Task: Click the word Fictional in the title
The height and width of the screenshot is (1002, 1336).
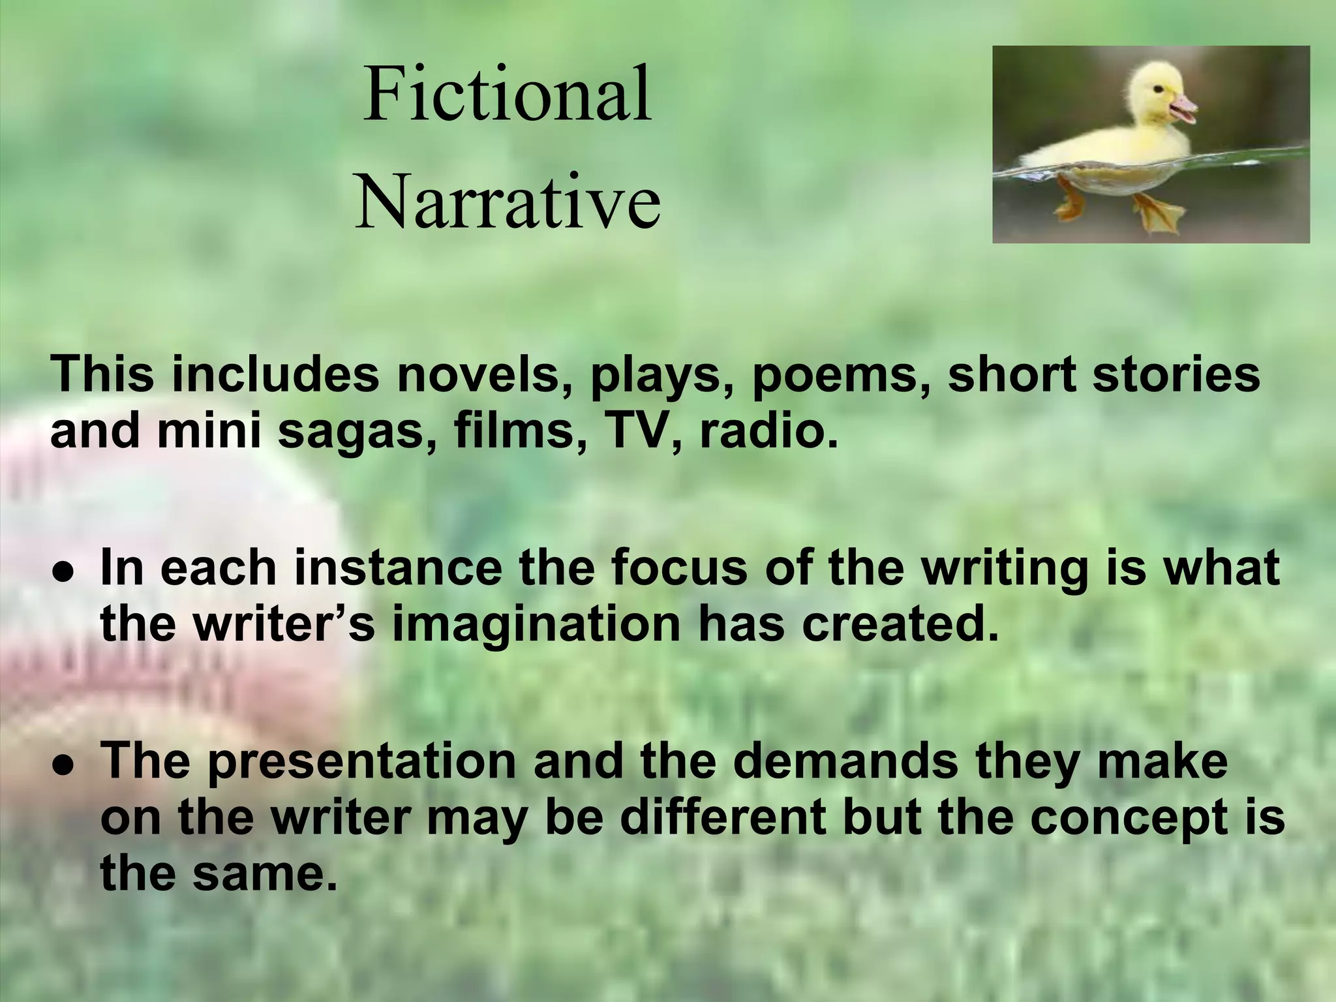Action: [x=508, y=95]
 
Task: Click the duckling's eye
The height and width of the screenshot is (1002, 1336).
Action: [x=1155, y=88]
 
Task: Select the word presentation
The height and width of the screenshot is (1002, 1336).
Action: [x=362, y=762]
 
